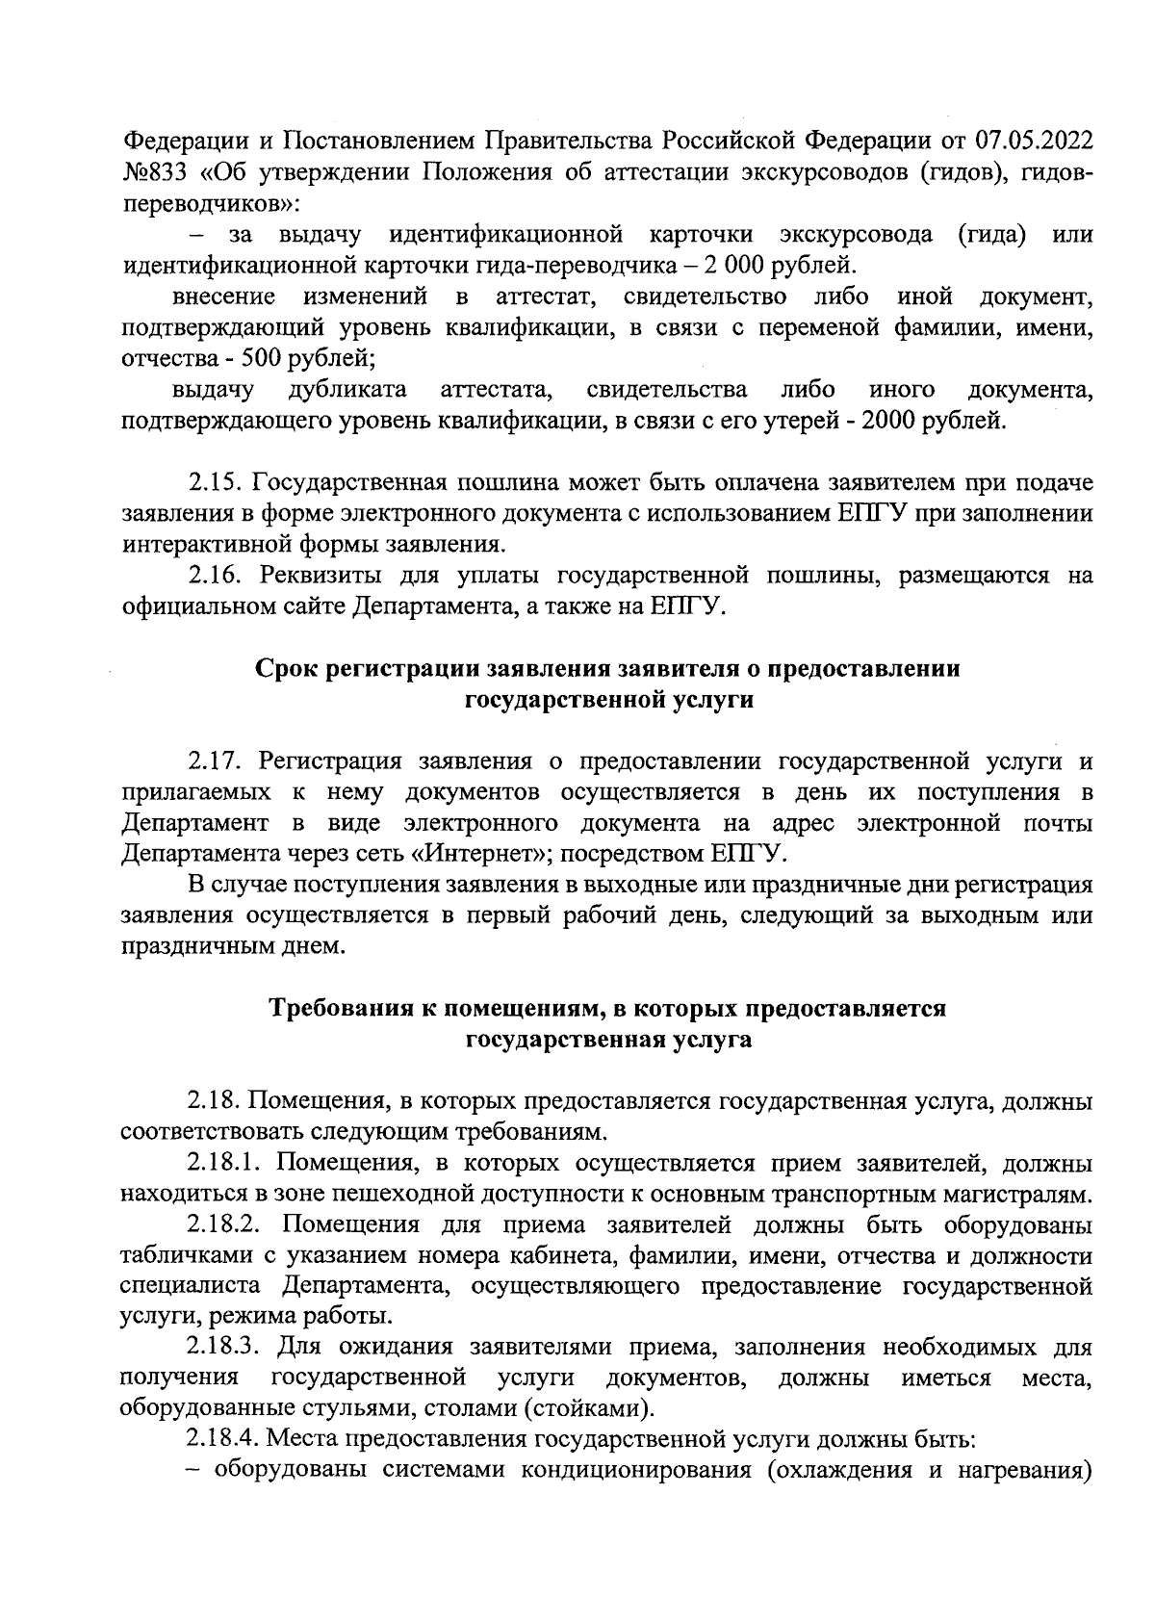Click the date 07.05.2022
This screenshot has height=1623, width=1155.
[1035, 142]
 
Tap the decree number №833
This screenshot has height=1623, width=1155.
[154, 172]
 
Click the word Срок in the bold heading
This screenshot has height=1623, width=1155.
[288, 669]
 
